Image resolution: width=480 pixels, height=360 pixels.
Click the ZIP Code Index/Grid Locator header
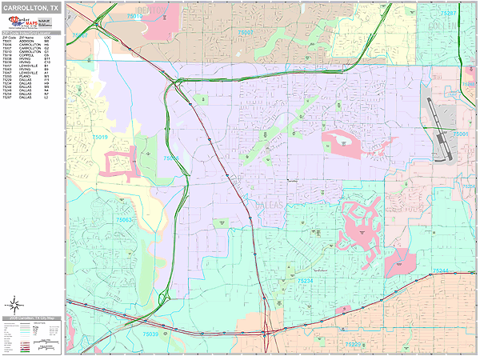31,33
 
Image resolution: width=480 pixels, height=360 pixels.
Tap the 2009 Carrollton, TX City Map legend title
31,318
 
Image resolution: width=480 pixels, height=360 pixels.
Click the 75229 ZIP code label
353,344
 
